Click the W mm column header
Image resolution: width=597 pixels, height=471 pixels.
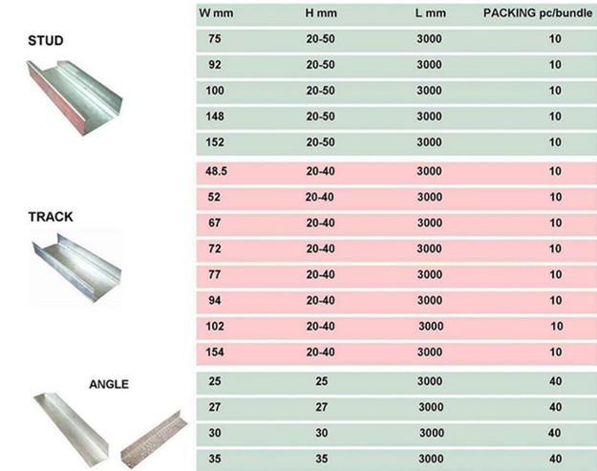coord(216,13)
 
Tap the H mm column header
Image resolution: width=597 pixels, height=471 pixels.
coord(321,13)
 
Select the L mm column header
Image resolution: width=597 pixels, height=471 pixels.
coord(430,13)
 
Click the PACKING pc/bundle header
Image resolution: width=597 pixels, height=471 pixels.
coord(538,13)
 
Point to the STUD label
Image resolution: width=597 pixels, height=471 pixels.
coord(46,40)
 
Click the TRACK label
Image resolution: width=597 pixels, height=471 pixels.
coord(51,217)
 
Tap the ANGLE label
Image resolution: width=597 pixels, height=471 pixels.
coord(109,384)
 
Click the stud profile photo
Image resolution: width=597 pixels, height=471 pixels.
coord(75,97)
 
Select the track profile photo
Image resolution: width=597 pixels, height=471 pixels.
coord(76,268)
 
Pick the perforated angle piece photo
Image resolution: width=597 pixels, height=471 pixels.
coord(154,439)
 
